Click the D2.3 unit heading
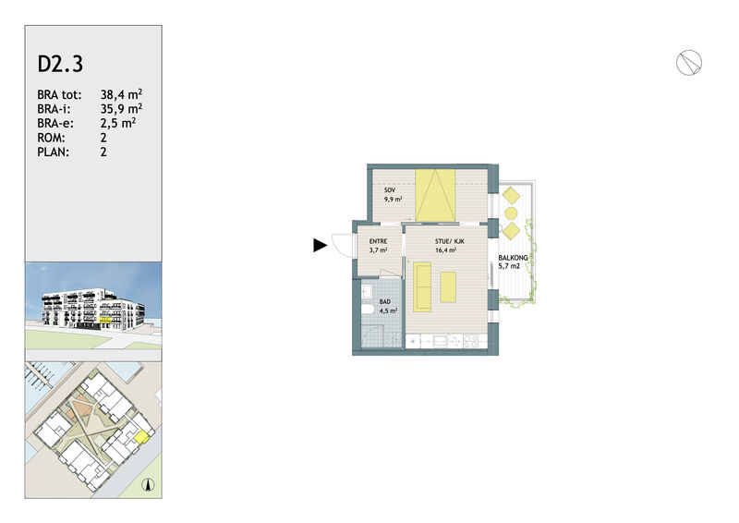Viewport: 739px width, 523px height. pos(60,64)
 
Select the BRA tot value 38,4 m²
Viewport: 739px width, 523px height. pos(121,94)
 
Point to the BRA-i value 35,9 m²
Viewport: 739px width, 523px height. pos(121,109)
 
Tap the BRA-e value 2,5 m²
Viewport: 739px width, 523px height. pos(118,123)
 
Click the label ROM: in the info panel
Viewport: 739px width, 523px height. pos(52,138)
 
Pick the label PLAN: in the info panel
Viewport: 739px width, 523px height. pos(54,152)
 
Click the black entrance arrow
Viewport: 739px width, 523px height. pos(321,245)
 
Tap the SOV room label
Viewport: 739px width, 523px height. pos(390,190)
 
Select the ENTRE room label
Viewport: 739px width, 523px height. pos(378,241)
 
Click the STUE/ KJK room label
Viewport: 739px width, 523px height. pos(450,241)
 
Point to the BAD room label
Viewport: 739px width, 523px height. pos(385,302)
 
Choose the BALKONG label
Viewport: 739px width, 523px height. pos(514,258)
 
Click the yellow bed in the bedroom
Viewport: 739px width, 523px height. pos(435,196)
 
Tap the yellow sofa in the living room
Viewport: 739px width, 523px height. pos(422,287)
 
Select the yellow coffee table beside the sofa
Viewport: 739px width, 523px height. pos(448,287)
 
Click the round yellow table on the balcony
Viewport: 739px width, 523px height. pos(511,213)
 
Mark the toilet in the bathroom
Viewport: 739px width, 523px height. pos(368,310)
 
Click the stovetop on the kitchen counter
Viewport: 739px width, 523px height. pos(471,341)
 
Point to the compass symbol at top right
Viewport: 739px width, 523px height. pos(689,62)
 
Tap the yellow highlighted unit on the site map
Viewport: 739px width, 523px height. pos(141,438)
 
